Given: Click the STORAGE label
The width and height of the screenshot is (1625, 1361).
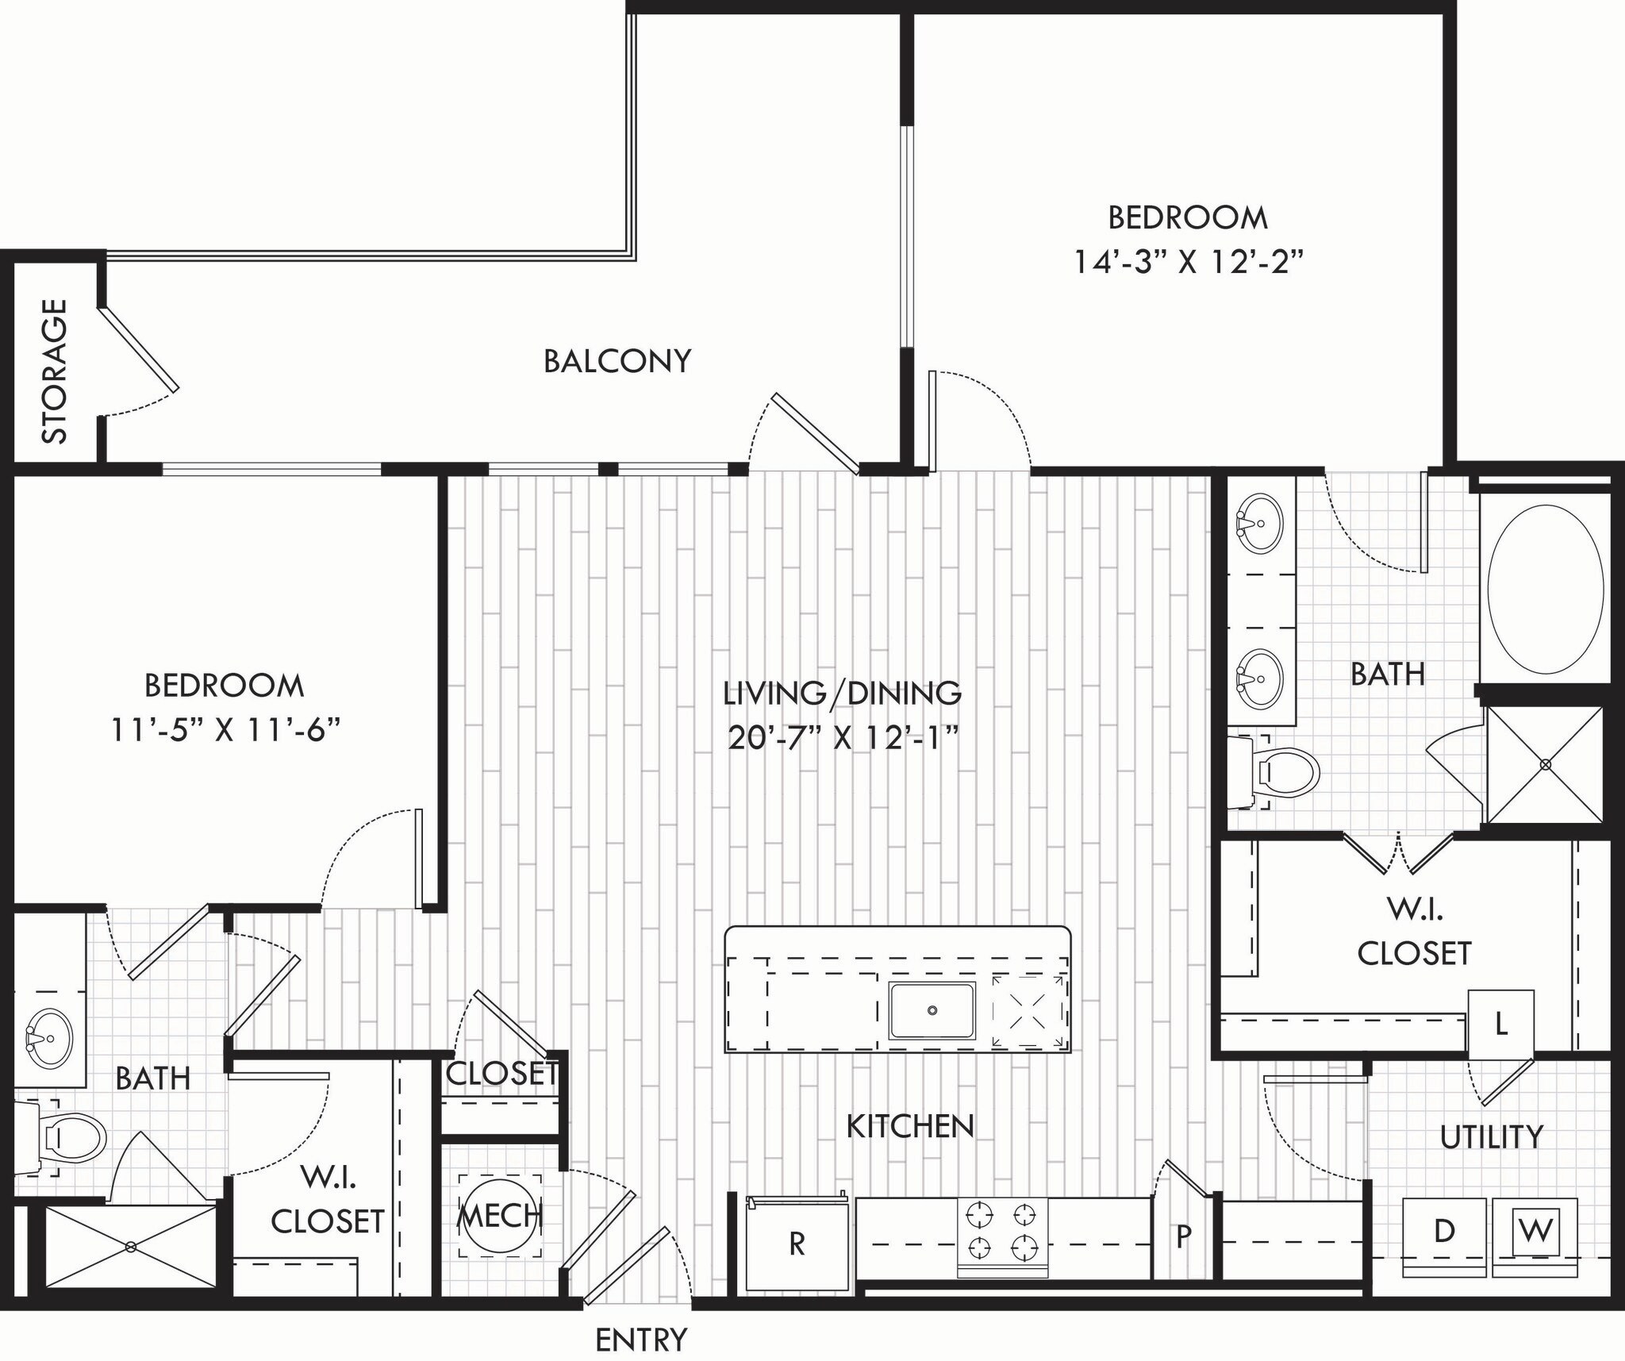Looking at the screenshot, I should coord(54,371).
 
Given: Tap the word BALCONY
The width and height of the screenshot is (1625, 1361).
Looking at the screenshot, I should coord(617,362).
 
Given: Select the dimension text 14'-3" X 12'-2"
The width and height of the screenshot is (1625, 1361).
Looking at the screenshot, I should coord(1188,262).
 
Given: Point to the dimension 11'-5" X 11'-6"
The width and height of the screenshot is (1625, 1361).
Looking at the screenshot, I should coord(225,730).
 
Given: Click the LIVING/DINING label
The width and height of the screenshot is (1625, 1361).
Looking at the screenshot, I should coord(842,694).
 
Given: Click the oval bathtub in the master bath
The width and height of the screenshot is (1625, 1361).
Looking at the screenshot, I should coord(1545,589).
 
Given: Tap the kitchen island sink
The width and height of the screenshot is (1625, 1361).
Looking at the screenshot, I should coord(932,1010).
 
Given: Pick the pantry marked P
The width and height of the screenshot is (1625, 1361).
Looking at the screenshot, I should coord(1183,1236).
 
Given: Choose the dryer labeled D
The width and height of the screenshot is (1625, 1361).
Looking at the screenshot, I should coord(1444,1232).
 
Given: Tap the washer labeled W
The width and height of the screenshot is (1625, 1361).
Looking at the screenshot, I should coord(1535,1232).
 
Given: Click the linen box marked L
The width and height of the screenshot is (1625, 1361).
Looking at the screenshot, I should coord(1500,1025).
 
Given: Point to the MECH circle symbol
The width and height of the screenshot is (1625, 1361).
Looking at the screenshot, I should coord(501,1215).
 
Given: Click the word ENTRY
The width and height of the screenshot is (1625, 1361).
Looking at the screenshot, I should coord(641,1340).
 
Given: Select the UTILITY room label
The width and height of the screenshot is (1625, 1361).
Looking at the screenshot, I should coord(1491,1137).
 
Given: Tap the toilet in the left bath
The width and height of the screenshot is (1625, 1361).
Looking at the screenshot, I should coord(71,1138).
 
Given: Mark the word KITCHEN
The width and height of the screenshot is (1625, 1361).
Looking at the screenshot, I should coord(909,1126).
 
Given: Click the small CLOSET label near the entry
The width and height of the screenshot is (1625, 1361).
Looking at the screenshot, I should coord(501,1074).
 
